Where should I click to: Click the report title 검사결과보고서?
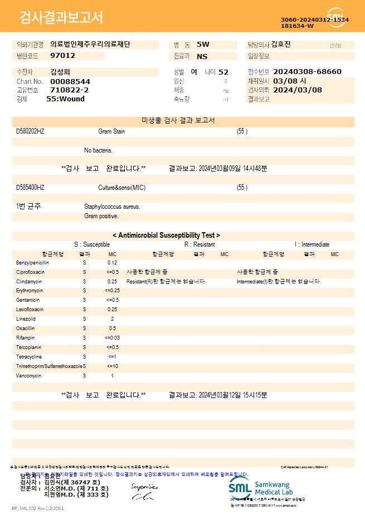coord(61,18)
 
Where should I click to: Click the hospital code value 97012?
coord(62,56)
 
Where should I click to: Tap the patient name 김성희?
coord(60,72)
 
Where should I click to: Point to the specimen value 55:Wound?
coord(65,99)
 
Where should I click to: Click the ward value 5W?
coord(203,44)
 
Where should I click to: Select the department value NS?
coord(202,56)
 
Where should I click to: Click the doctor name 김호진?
coord(280,45)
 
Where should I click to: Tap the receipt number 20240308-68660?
coord(308,72)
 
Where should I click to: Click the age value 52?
coord(223,72)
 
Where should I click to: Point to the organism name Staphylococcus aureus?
coord(112,207)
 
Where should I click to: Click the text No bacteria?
coord(98,150)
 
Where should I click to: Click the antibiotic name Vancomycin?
coord(29,376)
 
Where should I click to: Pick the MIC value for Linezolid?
coord(112,319)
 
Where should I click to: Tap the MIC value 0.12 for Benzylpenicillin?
coord(112,262)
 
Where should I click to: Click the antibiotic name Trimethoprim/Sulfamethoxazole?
coord(50,366)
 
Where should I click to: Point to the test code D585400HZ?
coord(30,188)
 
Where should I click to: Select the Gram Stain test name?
coord(111,131)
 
